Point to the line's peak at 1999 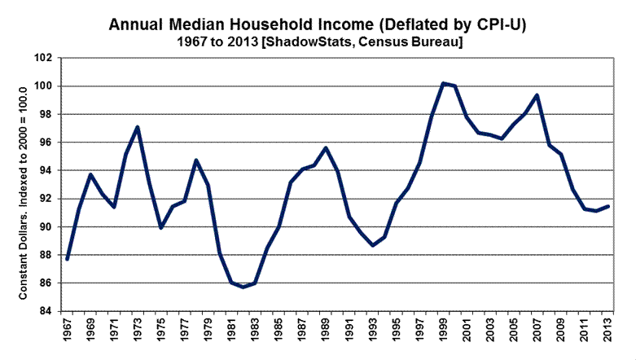(442, 83)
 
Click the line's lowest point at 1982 (243, 287)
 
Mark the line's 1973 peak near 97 (138, 127)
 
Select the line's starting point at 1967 (68, 259)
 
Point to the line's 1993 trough (372, 245)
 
